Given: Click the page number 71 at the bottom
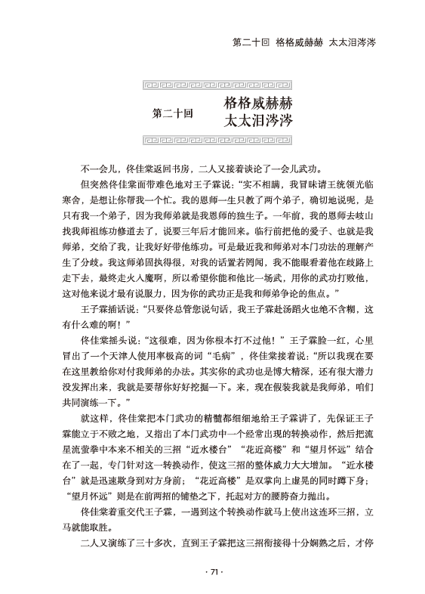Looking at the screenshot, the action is tap(213, 572).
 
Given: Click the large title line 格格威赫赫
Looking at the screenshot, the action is tap(258, 103).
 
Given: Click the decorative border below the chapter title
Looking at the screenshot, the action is tap(213, 139).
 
